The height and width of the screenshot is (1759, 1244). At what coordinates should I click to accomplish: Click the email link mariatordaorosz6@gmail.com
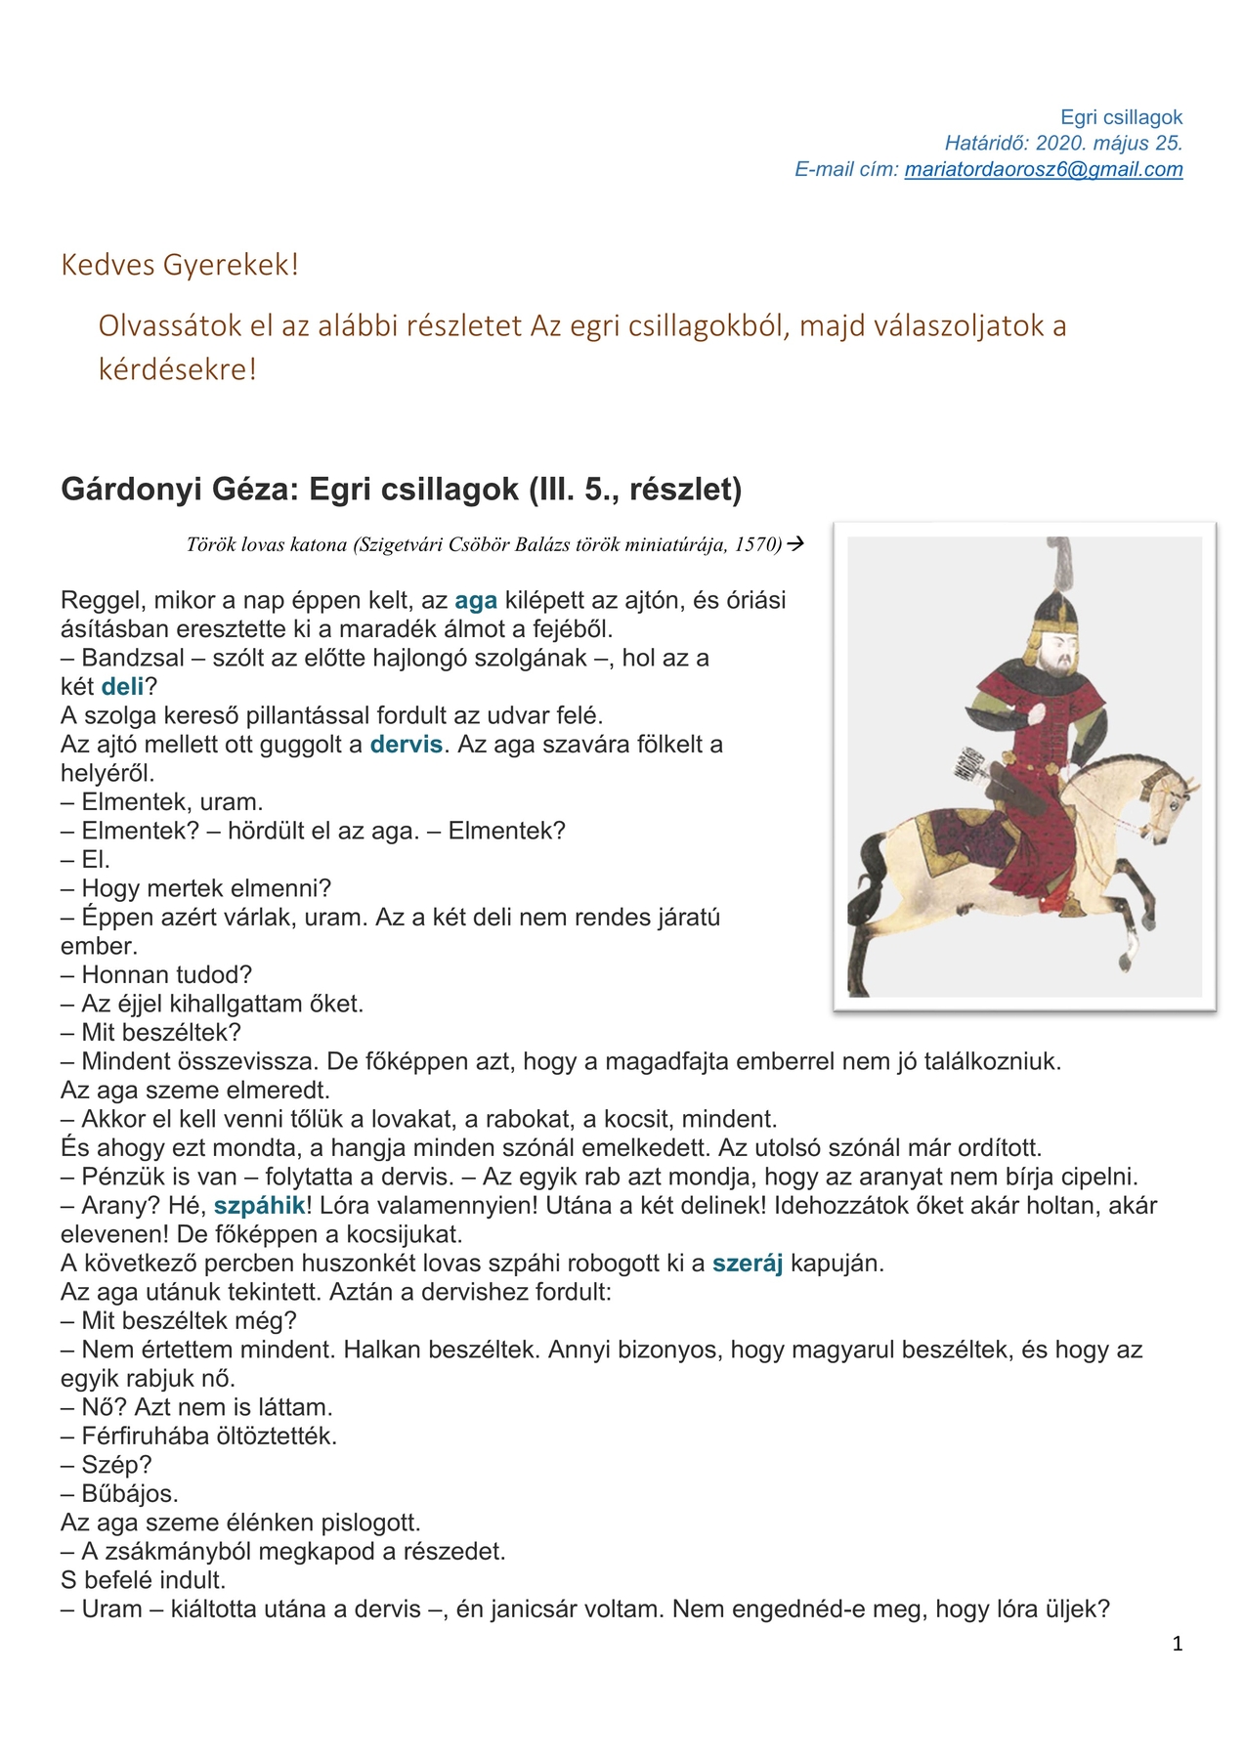pyautogui.click(x=1043, y=169)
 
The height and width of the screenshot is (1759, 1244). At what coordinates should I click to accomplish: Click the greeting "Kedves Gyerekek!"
pyautogui.click(x=180, y=265)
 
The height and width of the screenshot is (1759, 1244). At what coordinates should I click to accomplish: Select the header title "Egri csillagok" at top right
pyautogui.click(x=1121, y=117)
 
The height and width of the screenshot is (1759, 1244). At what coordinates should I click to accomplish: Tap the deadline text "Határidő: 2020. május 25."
pyautogui.click(x=1063, y=143)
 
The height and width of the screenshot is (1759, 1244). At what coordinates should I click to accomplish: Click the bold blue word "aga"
pyautogui.click(x=476, y=600)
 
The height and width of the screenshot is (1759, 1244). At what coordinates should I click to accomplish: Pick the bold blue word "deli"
pyautogui.click(x=122, y=686)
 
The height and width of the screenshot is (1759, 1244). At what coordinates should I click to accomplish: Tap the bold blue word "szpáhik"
pyautogui.click(x=259, y=1205)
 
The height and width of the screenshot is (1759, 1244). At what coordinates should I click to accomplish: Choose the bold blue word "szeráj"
pyautogui.click(x=748, y=1263)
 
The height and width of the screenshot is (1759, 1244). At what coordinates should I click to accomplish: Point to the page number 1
pyautogui.click(x=1178, y=1644)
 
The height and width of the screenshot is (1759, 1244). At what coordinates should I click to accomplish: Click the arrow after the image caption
pyautogui.click(x=795, y=543)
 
